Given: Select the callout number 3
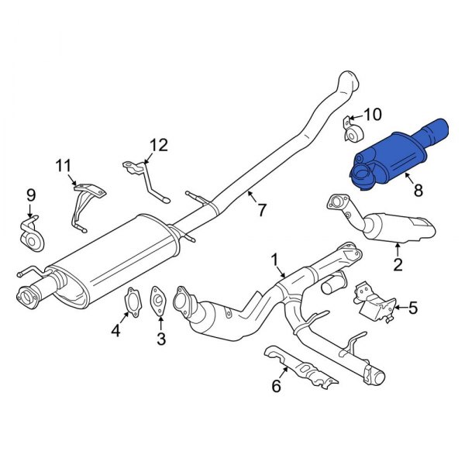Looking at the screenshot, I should click(x=160, y=338).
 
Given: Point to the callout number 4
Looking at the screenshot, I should click(x=115, y=332).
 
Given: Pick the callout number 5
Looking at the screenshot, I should click(x=412, y=308).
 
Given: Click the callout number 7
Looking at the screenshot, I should click(x=261, y=209).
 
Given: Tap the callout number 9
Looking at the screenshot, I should click(x=30, y=195).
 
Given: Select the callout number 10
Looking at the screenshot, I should click(x=373, y=115).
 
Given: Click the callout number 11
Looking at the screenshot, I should click(x=63, y=164).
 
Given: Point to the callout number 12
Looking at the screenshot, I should click(x=158, y=144).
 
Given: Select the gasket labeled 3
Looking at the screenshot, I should click(x=158, y=300).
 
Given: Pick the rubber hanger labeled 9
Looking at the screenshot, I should click(x=31, y=233).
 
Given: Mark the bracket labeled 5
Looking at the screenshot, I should click(x=371, y=302).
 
